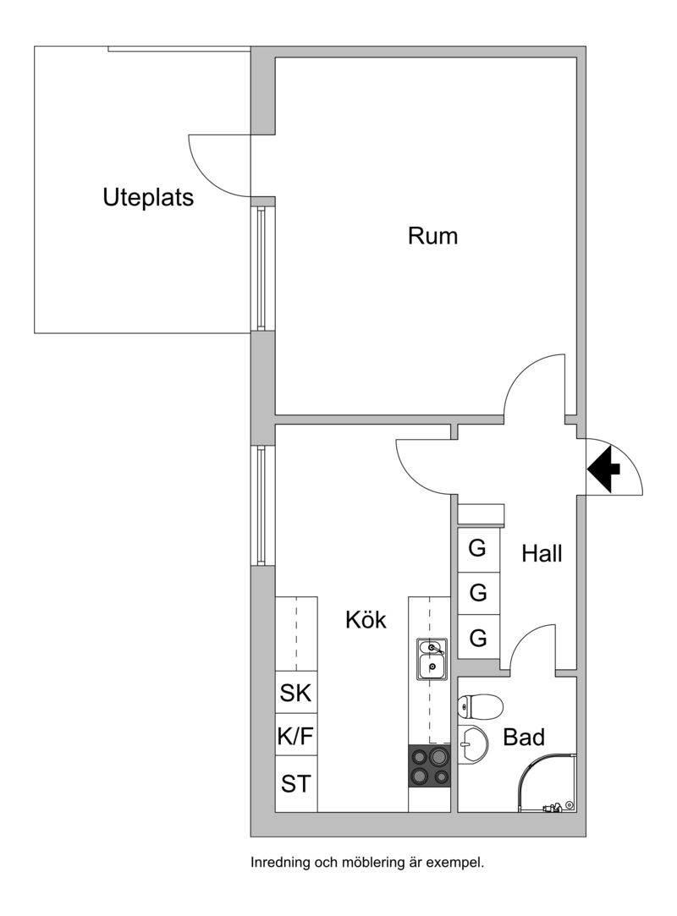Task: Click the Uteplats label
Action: coord(148,198)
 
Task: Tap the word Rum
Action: coord(432,236)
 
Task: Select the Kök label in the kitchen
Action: coord(366,620)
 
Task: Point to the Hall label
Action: coord(542,553)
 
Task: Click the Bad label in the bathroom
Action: coord(524,738)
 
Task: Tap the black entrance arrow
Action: coord(604,469)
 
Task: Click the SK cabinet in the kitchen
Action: coord(296,692)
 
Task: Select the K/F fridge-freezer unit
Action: coord(296,734)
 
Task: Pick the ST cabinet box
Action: coord(296,783)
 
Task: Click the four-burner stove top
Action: coord(429,765)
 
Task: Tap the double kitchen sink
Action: coord(432,659)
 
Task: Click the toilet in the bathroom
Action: coord(480,705)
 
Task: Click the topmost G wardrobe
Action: coord(478,549)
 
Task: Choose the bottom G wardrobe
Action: coord(478,638)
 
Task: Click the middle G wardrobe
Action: coord(478,594)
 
